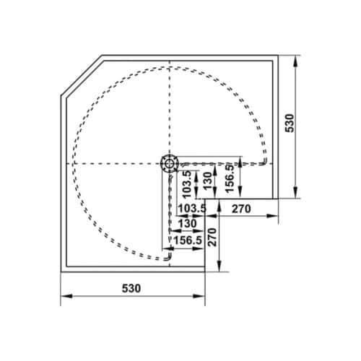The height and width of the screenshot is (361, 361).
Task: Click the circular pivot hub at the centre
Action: pos(169,163)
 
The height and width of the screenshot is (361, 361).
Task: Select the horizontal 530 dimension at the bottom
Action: pos(131,287)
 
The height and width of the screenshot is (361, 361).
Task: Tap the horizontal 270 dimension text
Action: pos(240,209)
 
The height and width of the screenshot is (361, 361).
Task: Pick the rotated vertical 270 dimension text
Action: pos(212,236)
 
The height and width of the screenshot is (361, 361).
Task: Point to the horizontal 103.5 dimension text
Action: pos(192,209)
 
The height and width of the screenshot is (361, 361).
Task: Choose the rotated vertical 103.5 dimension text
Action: pos(188,184)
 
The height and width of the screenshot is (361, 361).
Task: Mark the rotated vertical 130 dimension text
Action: pos(208,179)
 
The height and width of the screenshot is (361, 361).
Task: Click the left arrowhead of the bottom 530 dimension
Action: pos(64,296)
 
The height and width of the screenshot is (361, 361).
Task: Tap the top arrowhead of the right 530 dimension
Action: pos(297,58)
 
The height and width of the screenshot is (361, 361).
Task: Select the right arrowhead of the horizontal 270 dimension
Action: pos(274,216)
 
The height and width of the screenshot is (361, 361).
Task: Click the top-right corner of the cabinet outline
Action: pos(278,56)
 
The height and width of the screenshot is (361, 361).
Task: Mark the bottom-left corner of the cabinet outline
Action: pos(61,269)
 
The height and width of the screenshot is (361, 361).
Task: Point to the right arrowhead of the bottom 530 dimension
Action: pos(203,296)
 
